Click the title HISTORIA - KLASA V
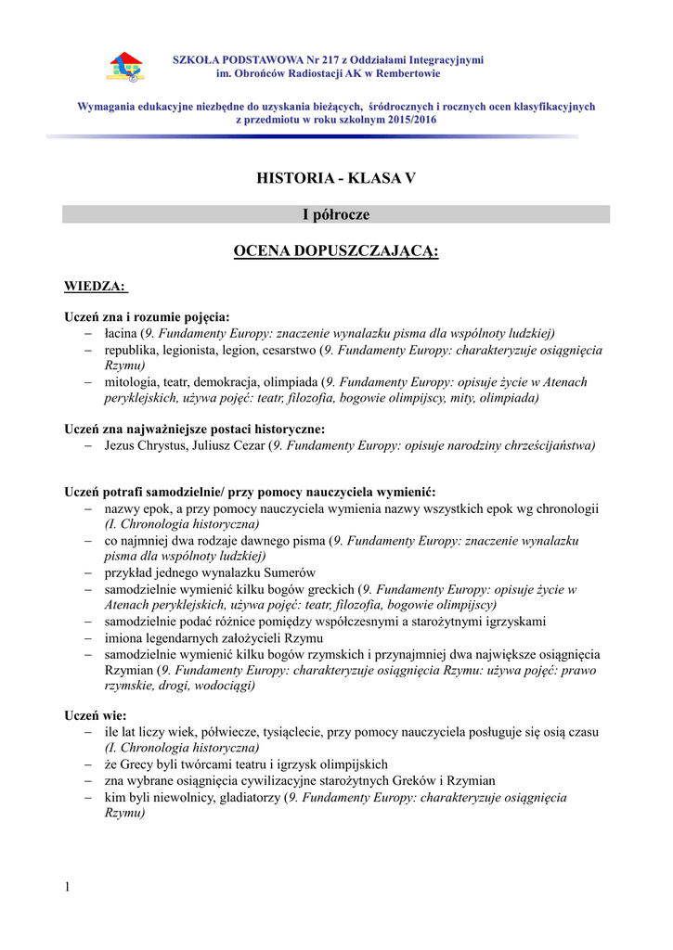coord(336,178)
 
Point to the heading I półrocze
coord(336,214)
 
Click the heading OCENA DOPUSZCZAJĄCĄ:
coord(336,252)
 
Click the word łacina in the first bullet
coord(121,333)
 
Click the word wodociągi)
coord(223,686)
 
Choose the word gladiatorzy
coord(245,797)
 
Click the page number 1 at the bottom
coord(68,888)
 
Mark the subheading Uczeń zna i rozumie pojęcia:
coord(147,316)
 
